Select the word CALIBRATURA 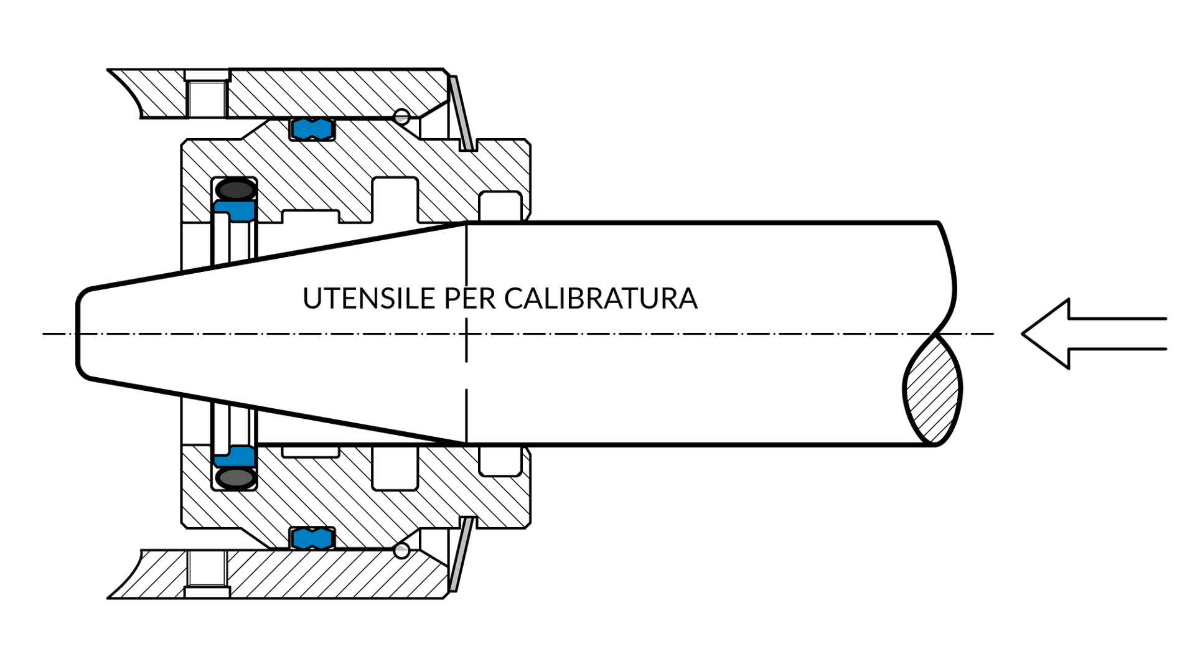(601, 299)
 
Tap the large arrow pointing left (1094, 334)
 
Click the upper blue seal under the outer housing (312, 129)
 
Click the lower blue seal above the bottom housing (312, 538)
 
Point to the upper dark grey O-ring (235, 189)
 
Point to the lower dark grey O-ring (235, 478)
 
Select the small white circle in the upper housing (402, 116)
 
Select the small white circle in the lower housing (402, 551)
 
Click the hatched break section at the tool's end (932, 390)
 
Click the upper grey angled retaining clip (463, 114)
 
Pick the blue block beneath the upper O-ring (235, 211)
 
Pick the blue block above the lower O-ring (235, 456)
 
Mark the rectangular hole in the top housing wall (206, 98)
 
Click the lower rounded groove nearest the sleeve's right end (500, 461)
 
